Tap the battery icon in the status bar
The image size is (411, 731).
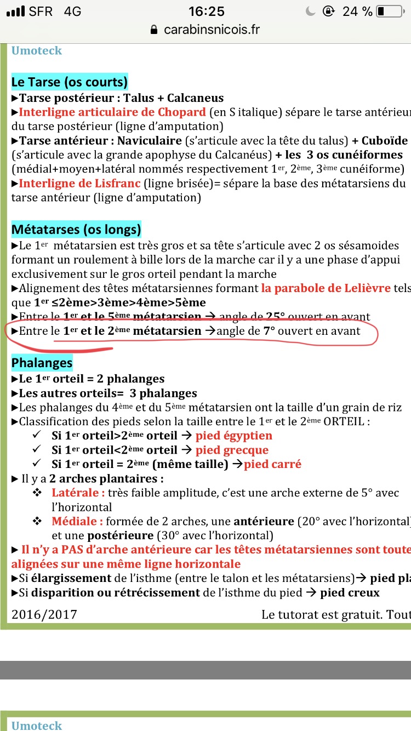tap(389, 12)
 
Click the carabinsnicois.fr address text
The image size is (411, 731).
tap(212, 30)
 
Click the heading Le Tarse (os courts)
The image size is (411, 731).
tap(69, 82)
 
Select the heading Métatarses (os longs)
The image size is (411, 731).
tap(76, 229)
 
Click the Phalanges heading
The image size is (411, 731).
tap(42, 363)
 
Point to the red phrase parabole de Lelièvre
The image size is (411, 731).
tap(326, 288)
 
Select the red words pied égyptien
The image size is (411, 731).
tap(234, 436)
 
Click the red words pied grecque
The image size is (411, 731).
tap(232, 450)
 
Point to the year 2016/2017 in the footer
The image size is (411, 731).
tap(44, 614)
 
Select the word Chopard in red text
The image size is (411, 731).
tap(181, 112)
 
